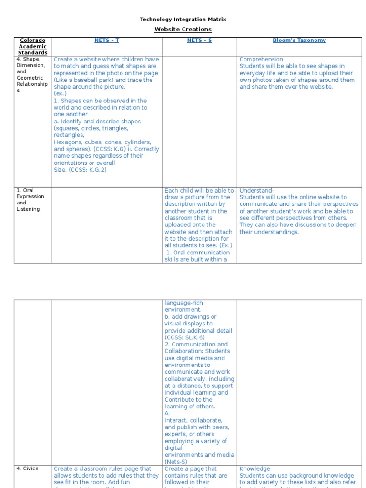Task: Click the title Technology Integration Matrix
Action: point(183,20)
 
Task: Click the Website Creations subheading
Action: point(183,30)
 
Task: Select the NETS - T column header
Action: point(107,41)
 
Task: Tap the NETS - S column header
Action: point(199,41)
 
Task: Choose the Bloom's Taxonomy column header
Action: point(299,41)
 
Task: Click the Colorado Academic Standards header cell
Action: point(32,46)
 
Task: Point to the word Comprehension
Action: point(261,60)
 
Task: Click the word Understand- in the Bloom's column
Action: point(256,191)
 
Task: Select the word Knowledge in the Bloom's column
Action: point(254,469)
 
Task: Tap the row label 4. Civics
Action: point(27,468)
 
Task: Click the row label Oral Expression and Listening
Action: point(30,200)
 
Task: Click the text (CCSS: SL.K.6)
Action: point(185,337)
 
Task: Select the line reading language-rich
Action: point(183,303)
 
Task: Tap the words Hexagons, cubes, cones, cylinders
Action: point(102,142)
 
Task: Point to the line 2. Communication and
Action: point(196,344)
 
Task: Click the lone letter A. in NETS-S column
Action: point(167,414)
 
